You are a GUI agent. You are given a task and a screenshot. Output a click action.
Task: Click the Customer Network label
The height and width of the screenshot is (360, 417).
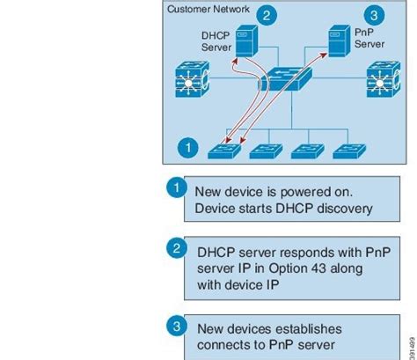pos(208,10)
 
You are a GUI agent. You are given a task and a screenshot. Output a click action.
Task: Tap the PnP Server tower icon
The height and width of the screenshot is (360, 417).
pos(335,42)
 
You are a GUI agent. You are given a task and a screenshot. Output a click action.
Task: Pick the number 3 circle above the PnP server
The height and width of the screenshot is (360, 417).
pos(376,16)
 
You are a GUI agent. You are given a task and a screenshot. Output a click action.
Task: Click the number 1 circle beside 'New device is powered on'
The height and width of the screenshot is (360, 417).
pos(176,187)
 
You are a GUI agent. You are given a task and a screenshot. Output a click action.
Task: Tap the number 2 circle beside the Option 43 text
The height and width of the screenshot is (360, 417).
pos(176,248)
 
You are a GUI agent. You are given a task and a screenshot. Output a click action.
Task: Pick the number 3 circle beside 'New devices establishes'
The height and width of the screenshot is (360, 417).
pos(176,327)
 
